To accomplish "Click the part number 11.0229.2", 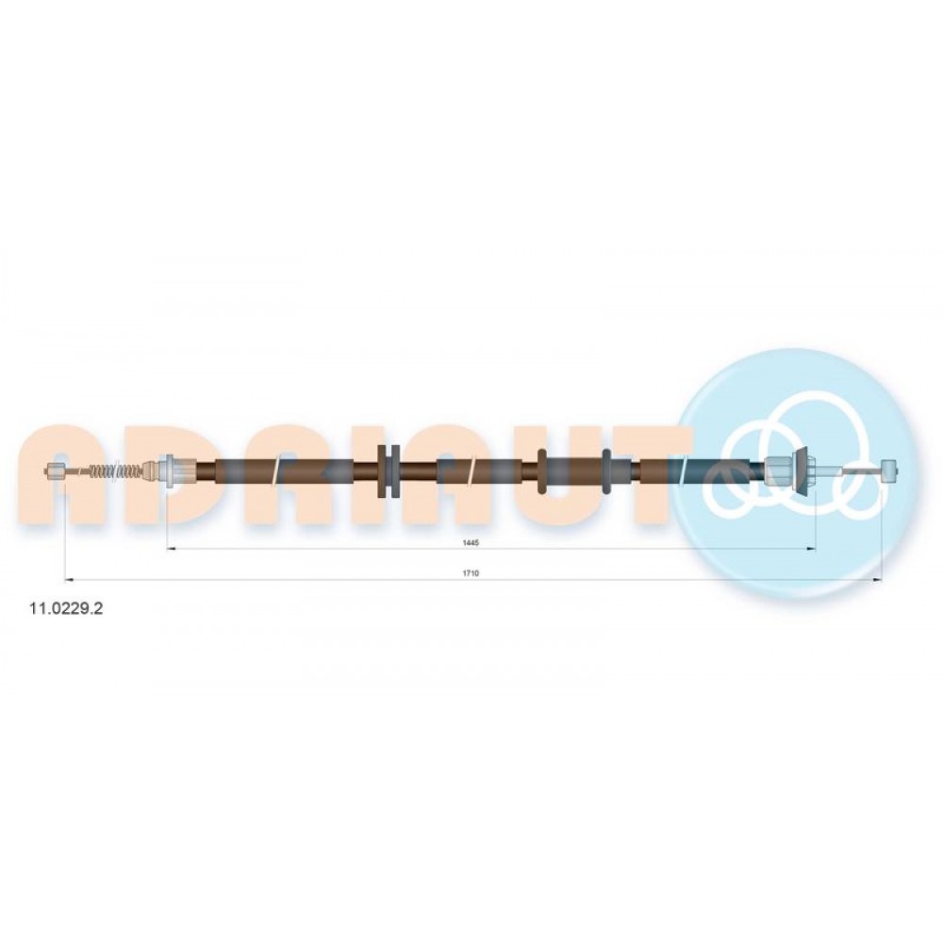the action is tap(66, 608).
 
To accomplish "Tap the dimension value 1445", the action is tap(471, 542).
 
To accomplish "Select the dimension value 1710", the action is tap(471, 573).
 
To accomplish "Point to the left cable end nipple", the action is tap(56, 471).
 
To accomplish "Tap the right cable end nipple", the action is tap(889, 468).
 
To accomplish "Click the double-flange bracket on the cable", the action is tap(388, 471).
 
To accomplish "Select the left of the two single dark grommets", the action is tap(542, 471).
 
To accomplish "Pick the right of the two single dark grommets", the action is tap(606, 471).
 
